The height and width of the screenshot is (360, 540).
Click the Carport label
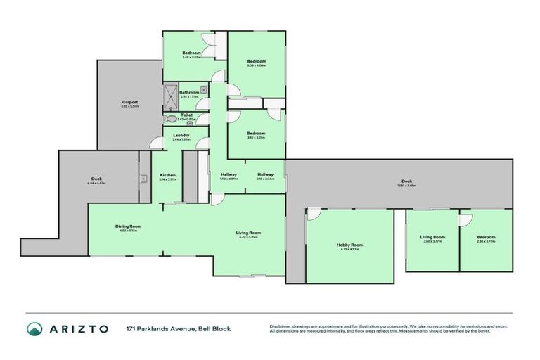tap(129, 103)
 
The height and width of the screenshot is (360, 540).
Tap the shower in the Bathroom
tap(171, 95)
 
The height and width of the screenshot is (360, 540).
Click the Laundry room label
tap(181, 136)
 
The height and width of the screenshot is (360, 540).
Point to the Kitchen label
tap(167, 176)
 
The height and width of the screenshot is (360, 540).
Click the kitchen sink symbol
tap(143, 179)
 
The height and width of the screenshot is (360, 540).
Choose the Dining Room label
tap(129, 226)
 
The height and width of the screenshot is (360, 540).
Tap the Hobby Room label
tap(349, 245)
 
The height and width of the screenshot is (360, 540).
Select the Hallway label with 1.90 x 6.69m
tap(229, 175)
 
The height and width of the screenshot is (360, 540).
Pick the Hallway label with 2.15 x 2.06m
tap(265, 175)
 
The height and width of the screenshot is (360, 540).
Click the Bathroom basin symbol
tap(202, 90)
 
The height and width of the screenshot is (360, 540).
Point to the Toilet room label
tap(186, 115)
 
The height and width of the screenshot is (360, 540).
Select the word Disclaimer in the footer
tap(282, 326)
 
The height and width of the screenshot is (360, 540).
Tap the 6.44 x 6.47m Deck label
tap(96, 179)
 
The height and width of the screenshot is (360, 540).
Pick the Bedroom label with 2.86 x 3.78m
tap(486, 238)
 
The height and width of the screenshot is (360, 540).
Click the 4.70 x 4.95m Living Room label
tap(248, 233)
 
